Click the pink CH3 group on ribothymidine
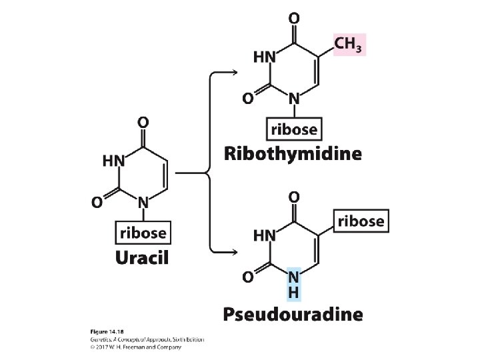350,45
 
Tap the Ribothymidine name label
293,155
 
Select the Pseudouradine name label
293,313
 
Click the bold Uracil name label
143,256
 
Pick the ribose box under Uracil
143,233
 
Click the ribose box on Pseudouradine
361,221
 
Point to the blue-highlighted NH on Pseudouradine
293,283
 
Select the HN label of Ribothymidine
265,57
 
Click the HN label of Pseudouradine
265,235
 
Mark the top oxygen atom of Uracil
143,123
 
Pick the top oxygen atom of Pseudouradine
293,197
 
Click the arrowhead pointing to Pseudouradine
235,251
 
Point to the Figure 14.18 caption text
103,332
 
